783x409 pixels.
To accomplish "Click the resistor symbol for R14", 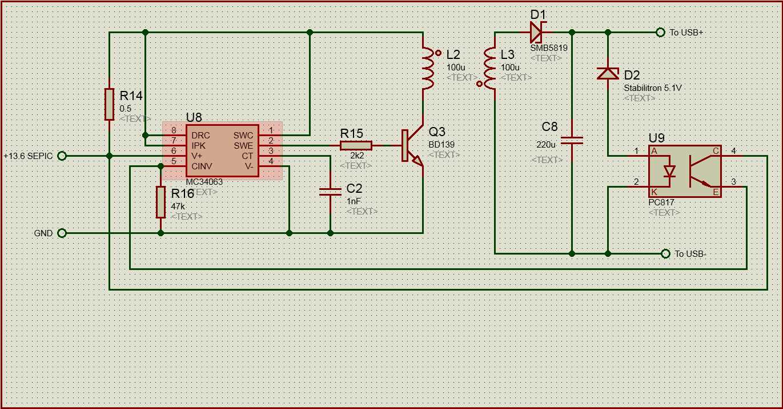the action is pyautogui.click(x=110, y=104).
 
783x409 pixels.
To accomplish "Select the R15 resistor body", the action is pyautogui.click(x=356, y=145).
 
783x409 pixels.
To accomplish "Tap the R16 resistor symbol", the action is pyautogui.click(x=160, y=202).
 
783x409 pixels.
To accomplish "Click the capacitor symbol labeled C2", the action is pyautogui.click(x=330, y=192).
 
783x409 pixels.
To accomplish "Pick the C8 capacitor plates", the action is pyautogui.click(x=572, y=140).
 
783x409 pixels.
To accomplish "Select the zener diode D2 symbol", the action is pyautogui.click(x=608, y=73).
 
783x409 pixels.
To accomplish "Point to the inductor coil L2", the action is pyautogui.click(x=428, y=68).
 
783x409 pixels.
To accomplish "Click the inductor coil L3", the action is pyautogui.click(x=490, y=68).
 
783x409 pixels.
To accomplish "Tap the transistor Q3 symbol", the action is pyautogui.click(x=412, y=146).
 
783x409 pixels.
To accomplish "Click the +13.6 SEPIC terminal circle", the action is pyautogui.click(x=62, y=156).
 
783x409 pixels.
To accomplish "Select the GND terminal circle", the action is pyautogui.click(x=62, y=233).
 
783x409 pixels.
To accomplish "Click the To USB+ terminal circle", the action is pyautogui.click(x=660, y=32).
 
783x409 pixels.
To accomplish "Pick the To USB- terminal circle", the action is pyautogui.click(x=665, y=253).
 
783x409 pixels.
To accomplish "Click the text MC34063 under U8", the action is pyautogui.click(x=204, y=182).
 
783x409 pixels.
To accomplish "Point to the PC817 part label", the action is pyautogui.click(x=661, y=202).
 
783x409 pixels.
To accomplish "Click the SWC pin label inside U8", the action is pyautogui.click(x=243, y=136).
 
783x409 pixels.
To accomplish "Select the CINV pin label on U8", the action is pyautogui.click(x=202, y=166).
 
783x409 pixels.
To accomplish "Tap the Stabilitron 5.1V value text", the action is pyautogui.click(x=653, y=88).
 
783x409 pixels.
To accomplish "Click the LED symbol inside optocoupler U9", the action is pyautogui.click(x=669, y=171).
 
